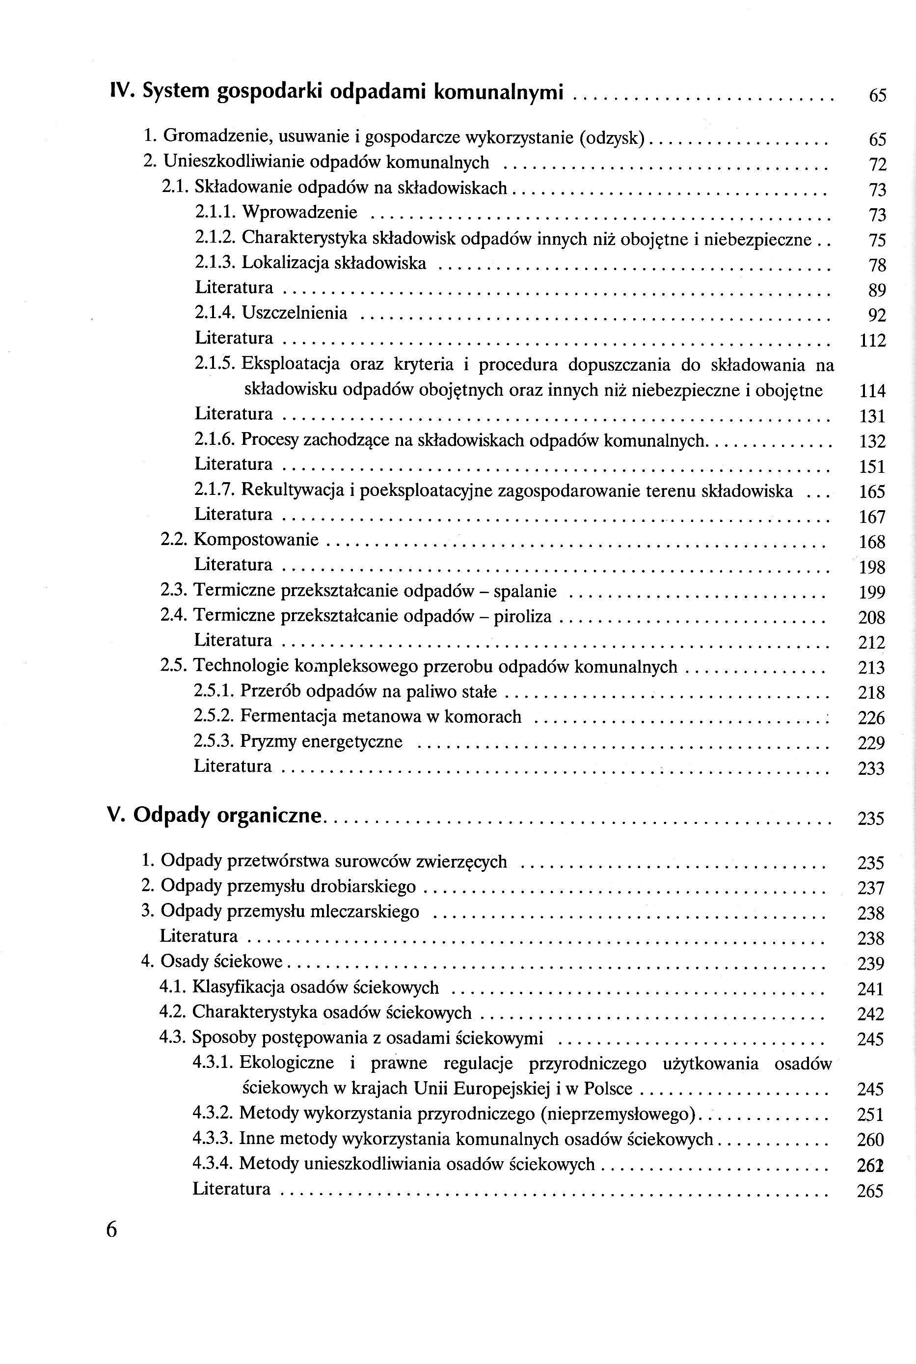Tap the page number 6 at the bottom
tap(111, 1230)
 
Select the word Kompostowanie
tap(256, 539)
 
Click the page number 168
tap(872, 543)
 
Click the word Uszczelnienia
tap(295, 313)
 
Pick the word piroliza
tap(522, 616)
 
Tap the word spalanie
tap(525, 591)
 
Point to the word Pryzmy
tap(262, 742)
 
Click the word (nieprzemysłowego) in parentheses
tap(619, 1114)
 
